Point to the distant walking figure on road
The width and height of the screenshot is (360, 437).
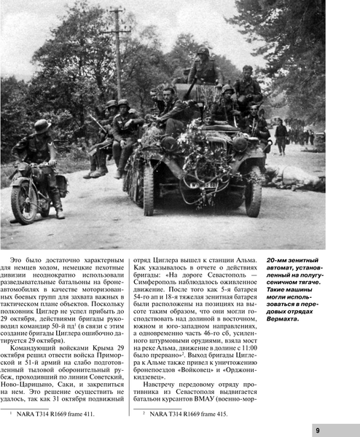pyautogui.click(x=281, y=135)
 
